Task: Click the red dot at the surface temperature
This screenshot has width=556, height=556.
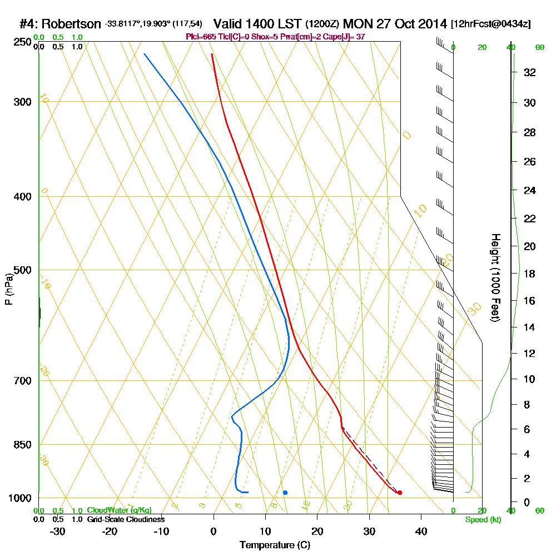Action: point(400,493)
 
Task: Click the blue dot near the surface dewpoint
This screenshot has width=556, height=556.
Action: point(285,493)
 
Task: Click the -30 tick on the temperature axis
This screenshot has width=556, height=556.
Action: point(58,531)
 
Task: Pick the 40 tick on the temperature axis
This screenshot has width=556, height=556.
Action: point(421,531)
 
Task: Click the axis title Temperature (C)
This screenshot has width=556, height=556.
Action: point(275,545)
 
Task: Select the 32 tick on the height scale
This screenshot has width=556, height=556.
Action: point(530,72)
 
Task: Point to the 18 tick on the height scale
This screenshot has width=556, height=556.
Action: point(530,274)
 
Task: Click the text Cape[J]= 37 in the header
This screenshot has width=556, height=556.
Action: point(345,37)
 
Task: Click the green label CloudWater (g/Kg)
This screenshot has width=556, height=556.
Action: point(119,510)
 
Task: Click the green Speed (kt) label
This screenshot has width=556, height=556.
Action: point(482,519)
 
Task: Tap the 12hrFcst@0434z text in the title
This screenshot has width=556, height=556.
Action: point(491,24)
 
